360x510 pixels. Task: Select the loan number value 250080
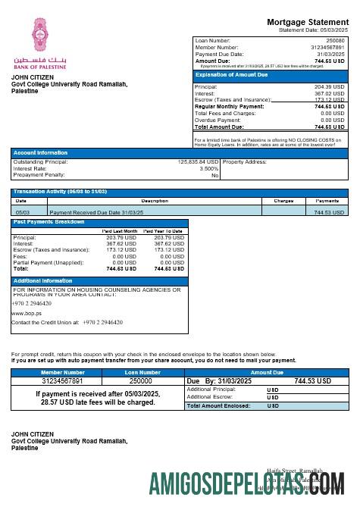coord(334,40)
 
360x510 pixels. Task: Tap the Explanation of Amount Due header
coord(231,75)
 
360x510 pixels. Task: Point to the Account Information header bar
coord(40,152)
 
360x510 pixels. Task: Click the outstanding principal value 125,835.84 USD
coord(198,161)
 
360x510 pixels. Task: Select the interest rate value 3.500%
coord(208,168)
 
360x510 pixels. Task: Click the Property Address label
coord(245,161)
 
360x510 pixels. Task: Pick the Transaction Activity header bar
coord(60,192)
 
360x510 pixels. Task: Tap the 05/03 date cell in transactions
coord(23,213)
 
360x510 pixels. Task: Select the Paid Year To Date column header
coord(163,230)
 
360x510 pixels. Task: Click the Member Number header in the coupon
coord(63,372)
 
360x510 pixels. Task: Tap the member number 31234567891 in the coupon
coord(63,381)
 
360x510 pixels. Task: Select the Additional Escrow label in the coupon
coord(210,397)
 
